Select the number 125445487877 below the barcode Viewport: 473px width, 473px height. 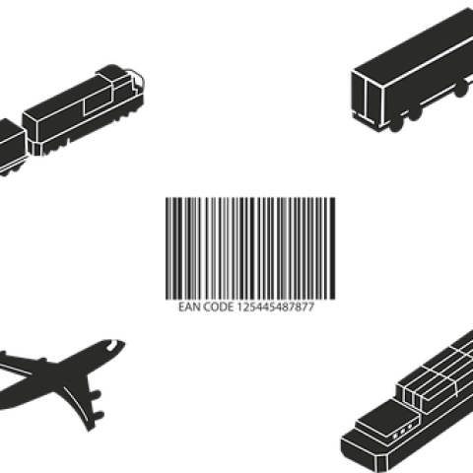pyautogui.click(x=276, y=307)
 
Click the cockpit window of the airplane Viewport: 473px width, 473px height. pyautogui.click(x=112, y=345)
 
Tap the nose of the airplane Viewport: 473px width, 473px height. pyautogui.click(x=122, y=344)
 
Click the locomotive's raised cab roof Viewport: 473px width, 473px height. pyautogui.click(x=110, y=72)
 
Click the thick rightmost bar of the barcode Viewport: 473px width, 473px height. pyautogui.click(x=332, y=248)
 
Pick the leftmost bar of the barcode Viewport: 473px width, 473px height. pyautogui.click(x=167, y=248)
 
